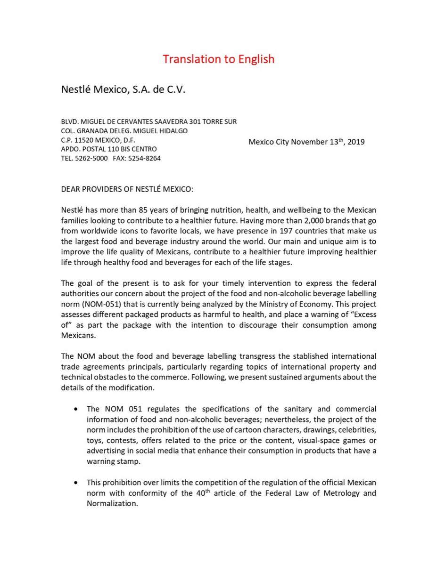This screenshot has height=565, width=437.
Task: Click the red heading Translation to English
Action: point(218,59)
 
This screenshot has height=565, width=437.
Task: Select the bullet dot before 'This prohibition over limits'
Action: point(75,483)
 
